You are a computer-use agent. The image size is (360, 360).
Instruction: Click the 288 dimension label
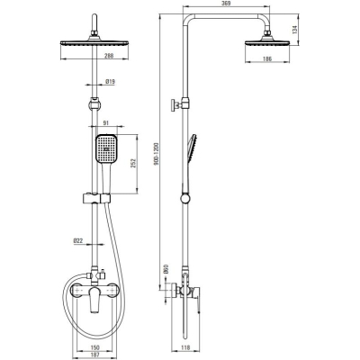point(109,56)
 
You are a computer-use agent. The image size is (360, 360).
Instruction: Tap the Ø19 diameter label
point(111,81)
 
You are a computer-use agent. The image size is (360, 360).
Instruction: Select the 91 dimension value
point(106,122)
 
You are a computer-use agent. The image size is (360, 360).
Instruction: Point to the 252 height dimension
point(134,162)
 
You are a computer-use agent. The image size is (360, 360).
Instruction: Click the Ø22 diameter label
point(77,240)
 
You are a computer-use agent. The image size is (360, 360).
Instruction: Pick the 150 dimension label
point(94,347)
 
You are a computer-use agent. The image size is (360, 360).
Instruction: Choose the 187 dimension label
point(94,354)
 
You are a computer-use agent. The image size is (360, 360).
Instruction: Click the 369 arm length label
point(227,4)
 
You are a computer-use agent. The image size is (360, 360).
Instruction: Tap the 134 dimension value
point(294,30)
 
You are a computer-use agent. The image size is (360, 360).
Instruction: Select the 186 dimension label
point(267,58)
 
